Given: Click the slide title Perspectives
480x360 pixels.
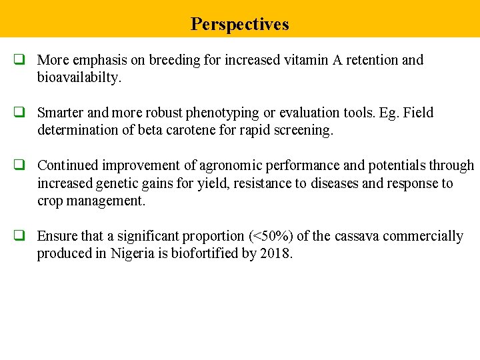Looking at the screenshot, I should pos(239,24).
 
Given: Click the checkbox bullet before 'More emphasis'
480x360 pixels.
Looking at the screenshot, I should pos(21,59).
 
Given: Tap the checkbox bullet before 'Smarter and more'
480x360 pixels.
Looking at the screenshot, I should pos(21,112).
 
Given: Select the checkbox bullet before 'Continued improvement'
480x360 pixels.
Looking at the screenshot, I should pos(21,165).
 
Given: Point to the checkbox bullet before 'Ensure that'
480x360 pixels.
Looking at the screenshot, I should pos(21,235).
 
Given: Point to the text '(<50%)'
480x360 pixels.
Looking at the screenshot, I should pos(270,236).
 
